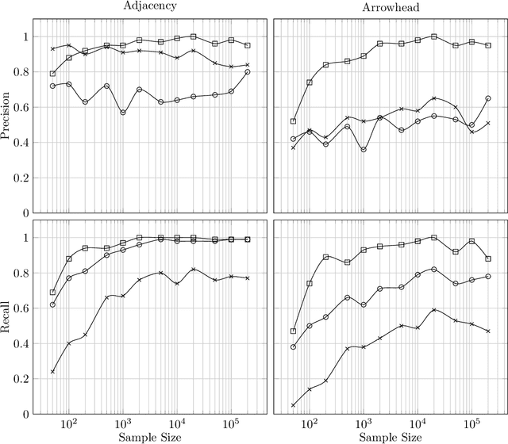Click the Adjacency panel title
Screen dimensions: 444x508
150,6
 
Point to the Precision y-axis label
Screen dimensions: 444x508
7,116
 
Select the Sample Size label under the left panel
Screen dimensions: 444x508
150,437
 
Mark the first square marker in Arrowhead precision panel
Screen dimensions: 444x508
293,121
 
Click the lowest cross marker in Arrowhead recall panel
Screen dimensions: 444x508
293,405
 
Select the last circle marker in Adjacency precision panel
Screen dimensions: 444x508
248,72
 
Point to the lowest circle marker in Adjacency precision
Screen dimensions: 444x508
123,113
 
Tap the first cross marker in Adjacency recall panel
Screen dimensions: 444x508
52,371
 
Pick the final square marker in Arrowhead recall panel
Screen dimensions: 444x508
488,258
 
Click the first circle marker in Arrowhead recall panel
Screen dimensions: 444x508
293,346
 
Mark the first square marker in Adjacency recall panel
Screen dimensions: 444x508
52,293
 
